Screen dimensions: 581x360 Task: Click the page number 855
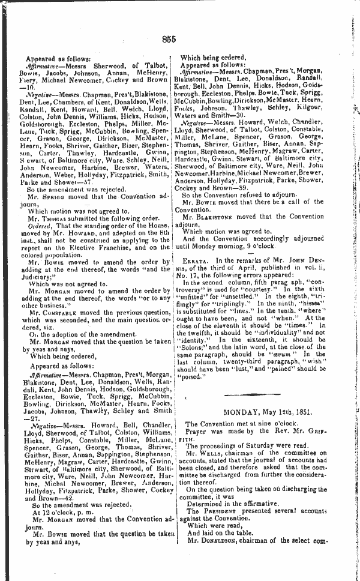(x=169, y=40)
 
